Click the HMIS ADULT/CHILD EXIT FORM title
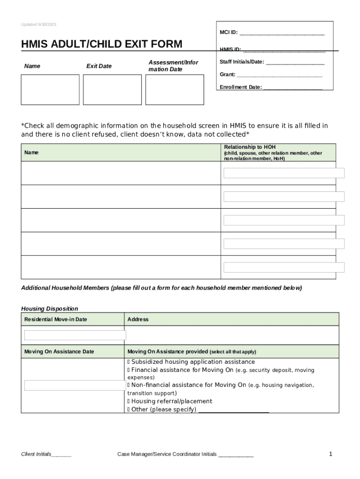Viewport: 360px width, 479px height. point(101,44)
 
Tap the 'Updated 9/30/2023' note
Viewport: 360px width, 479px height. point(39,24)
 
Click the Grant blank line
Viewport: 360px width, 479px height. point(280,75)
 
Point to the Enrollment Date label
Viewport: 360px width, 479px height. point(241,87)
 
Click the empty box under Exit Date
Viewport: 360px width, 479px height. point(112,90)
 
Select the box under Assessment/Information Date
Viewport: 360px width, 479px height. point(174,90)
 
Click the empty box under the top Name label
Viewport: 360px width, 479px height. point(50,90)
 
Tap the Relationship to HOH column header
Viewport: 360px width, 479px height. point(250,147)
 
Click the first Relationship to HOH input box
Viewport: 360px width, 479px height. point(284,173)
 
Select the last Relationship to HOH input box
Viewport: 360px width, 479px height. point(284,267)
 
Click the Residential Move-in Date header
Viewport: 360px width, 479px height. point(56,319)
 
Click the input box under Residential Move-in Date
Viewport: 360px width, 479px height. point(75,335)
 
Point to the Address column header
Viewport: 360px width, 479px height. point(138,319)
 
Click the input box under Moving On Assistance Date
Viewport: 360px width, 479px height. point(75,385)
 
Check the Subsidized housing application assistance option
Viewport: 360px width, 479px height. point(129,362)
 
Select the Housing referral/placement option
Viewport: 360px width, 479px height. point(129,401)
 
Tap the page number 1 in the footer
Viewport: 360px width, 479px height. point(330,454)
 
